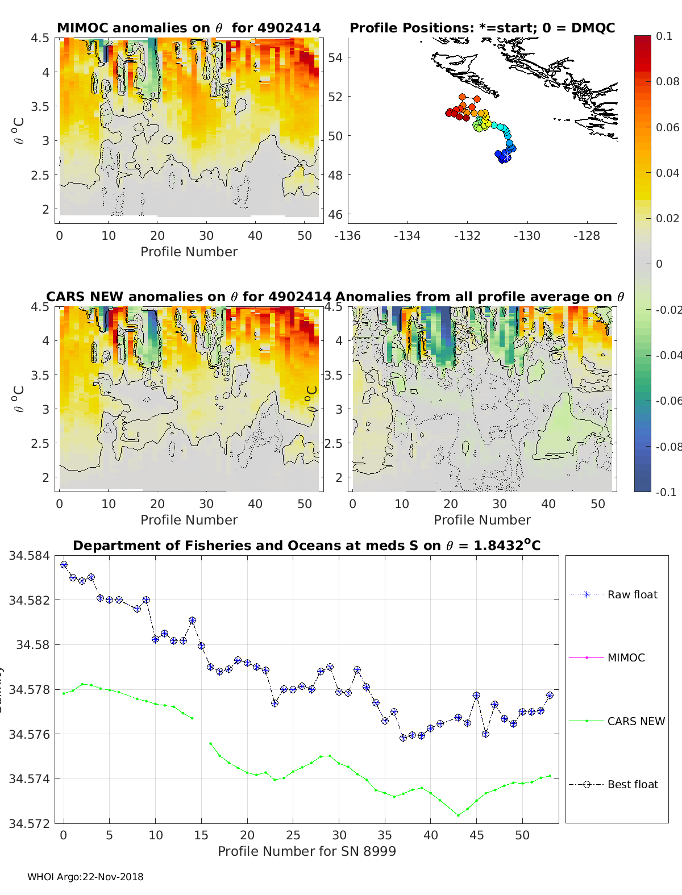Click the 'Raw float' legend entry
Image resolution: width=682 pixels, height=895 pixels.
(632, 594)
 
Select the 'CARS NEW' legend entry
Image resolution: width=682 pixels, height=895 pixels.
(635, 721)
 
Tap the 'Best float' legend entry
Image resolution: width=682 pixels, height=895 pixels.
(633, 784)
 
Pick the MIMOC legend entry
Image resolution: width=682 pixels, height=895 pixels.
(626, 657)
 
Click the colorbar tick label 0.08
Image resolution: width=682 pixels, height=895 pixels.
(667, 81)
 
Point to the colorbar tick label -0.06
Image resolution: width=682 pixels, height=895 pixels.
(668, 401)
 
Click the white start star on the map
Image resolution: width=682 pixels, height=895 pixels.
(506, 155)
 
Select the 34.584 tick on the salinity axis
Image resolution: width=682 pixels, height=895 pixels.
(29, 555)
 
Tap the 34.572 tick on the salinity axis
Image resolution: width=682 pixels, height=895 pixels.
(29, 823)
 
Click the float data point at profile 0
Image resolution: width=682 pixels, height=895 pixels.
(64, 564)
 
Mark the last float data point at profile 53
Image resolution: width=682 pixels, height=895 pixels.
(550, 695)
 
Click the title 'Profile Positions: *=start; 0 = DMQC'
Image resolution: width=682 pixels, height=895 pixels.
(482, 28)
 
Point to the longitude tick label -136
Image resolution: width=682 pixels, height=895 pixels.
(347, 235)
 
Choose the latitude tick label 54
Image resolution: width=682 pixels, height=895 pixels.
(335, 57)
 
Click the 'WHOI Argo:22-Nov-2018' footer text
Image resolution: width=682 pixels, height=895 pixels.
(85, 877)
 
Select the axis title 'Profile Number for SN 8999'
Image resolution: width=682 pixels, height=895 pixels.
(306, 851)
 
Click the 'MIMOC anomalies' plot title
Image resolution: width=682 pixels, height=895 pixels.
(189, 28)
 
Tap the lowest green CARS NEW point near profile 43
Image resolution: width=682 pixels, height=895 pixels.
(458, 815)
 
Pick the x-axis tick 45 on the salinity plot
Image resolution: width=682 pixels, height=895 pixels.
(476, 835)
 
